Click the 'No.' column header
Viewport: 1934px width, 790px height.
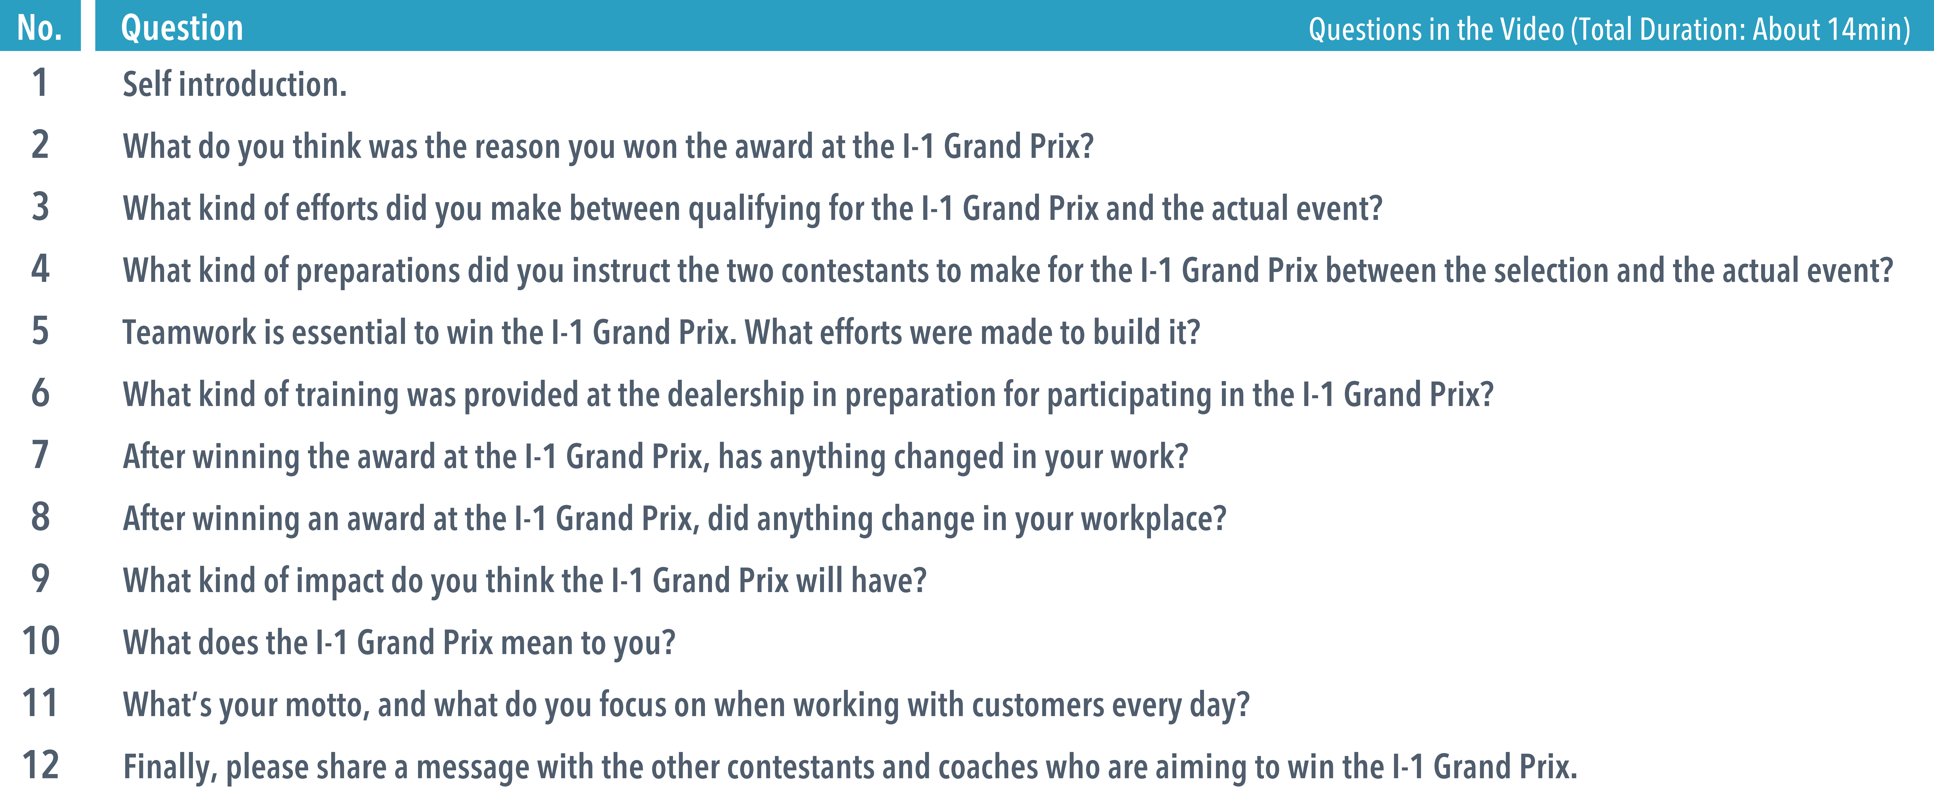pyautogui.click(x=40, y=28)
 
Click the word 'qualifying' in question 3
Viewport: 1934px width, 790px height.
pyautogui.click(x=755, y=209)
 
